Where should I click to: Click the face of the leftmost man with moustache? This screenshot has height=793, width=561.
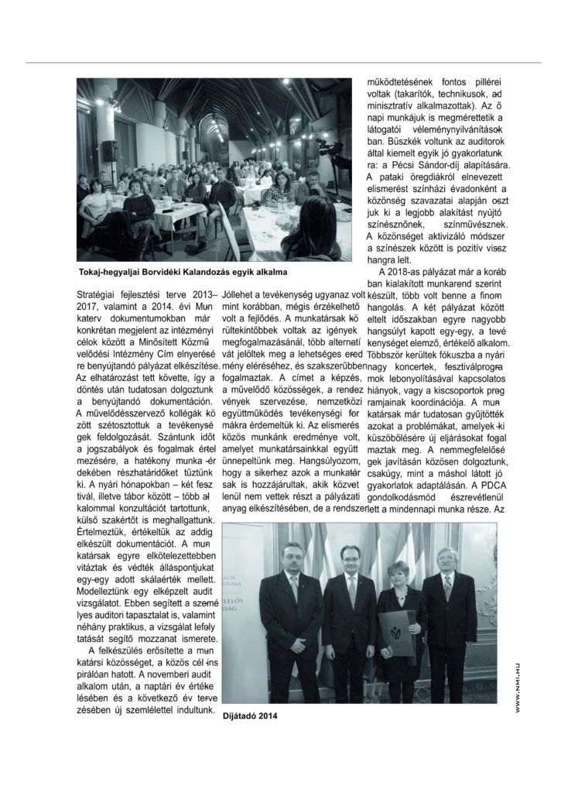click(x=290, y=557)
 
